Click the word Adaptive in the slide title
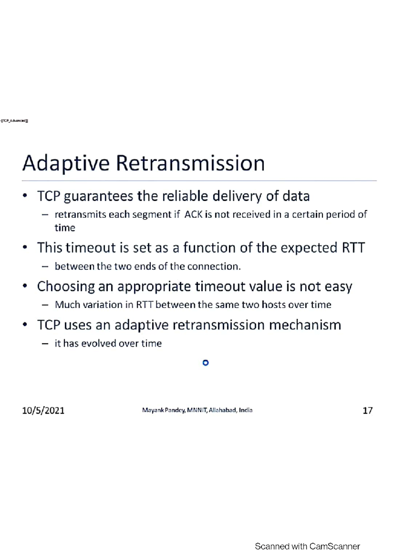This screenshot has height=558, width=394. (x=66, y=163)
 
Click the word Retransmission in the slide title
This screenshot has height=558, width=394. (x=190, y=163)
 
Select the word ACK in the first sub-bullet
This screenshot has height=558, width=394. (x=193, y=215)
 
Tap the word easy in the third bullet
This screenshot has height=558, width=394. (x=338, y=287)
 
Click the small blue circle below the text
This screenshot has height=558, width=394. (x=206, y=363)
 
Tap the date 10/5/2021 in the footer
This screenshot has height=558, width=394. (x=43, y=410)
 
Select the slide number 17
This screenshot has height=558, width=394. (x=367, y=410)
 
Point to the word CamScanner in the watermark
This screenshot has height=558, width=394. (x=335, y=546)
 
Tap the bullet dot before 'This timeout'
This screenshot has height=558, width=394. (x=25, y=248)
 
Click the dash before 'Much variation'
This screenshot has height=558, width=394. (x=45, y=305)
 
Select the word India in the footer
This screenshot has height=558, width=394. (x=246, y=410)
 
